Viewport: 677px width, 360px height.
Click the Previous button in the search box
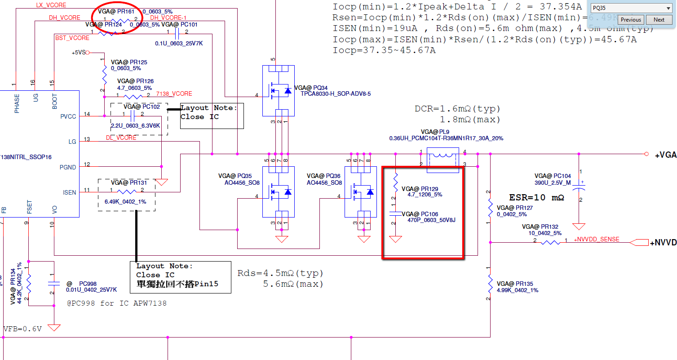(x=631, y=20)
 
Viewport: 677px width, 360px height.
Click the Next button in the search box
(x=659, y=20)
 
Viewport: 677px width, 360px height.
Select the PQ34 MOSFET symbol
(x=278, y=91)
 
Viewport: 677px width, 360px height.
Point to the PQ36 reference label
(x=323, y=176)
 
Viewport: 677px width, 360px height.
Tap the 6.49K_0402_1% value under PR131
(x=125, y=202)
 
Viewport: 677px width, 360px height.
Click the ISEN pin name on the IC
(x=70, y=192)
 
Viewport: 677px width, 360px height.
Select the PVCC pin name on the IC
(x=68, y=116)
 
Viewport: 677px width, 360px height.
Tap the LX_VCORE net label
(x=51, y=5)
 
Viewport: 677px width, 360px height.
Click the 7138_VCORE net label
(x=174, y=94)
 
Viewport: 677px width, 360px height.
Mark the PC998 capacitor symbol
(x=54, y=284)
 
